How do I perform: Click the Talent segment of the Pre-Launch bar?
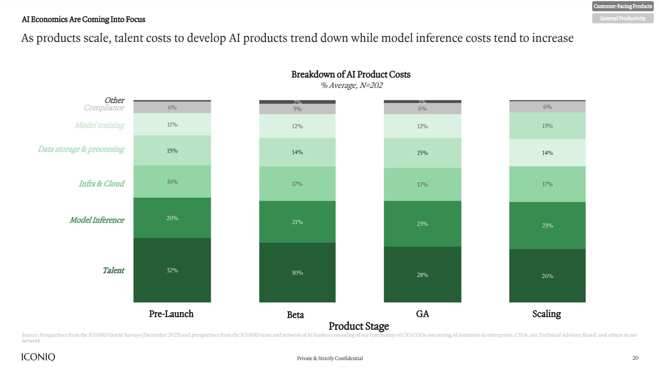coord(172,270)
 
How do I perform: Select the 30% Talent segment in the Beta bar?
coord(297,273)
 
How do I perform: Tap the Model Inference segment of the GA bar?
coord(422,224)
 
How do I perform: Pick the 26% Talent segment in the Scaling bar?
coord(547,276)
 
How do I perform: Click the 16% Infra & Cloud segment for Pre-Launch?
coord(172,181)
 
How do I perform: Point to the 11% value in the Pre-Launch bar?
coord(172,124)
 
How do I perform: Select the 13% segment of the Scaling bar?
coord(547,126)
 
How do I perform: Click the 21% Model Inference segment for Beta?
coord(297,222)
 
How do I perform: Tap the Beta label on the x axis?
coord(295,315)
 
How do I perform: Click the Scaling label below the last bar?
coord(546,314)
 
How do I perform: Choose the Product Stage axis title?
coord(359,326)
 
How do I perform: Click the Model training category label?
coord(99,125)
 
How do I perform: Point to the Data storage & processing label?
coord(81,149)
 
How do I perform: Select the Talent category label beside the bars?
coord(113,270)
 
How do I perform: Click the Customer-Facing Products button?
coord(623,6)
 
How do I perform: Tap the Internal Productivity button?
coord(623,18)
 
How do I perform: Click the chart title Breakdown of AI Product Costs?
coord(351,75)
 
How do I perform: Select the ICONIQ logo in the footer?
coord(38,357)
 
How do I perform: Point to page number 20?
coord(635,358)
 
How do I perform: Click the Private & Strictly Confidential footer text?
coord(330,358)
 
